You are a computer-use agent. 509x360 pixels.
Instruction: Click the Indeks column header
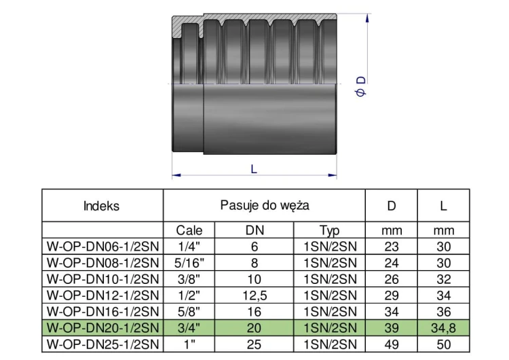(102, 206)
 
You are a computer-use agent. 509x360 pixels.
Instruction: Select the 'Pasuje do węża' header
(265, 205)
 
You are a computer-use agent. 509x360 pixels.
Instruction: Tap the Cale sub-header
(189, 230)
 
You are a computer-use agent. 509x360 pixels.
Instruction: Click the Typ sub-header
(329, 231)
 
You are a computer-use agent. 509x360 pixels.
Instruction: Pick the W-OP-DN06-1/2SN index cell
(103, 247)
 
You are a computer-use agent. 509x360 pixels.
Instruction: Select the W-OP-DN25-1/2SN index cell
(103, 344)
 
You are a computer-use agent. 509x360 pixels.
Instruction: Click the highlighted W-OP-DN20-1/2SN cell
(103, 328)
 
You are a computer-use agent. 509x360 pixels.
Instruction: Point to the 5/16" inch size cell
(189, 263)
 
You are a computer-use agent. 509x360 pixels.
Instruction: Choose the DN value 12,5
(254, 295)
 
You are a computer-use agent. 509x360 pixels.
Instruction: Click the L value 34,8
(443, 328)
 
